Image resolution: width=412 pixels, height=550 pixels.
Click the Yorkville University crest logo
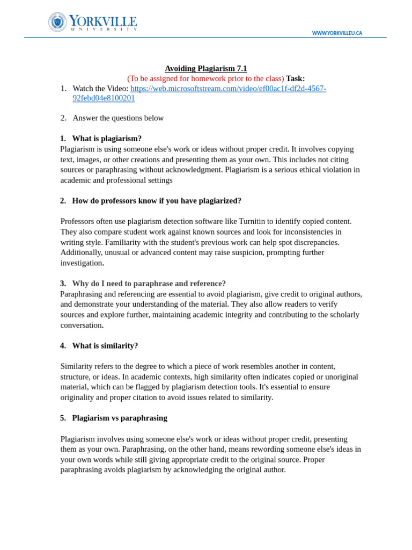coord(57,22)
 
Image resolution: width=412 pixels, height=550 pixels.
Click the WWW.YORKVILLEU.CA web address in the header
coord(337,33)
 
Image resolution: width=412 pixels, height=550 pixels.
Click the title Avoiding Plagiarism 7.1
coord(205,68)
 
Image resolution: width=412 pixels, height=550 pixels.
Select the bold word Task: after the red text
coord(295,78)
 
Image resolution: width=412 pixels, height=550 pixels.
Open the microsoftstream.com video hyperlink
coord(228,89)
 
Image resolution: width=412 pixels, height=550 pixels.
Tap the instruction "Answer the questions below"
coord(118,118)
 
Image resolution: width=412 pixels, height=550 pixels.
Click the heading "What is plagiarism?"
coord(107,139)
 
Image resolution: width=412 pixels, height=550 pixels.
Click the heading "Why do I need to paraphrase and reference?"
coord(149,284)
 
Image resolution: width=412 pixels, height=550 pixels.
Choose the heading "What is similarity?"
coord(105,346)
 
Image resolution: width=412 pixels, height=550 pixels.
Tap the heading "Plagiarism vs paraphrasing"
coord(120,418)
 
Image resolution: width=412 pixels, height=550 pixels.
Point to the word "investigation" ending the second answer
coord(81,263)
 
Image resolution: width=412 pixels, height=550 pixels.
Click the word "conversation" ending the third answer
coord(81,325)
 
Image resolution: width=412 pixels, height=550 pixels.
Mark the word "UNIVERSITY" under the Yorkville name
coord(104,29)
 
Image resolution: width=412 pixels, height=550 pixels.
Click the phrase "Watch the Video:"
coord(100,89)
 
